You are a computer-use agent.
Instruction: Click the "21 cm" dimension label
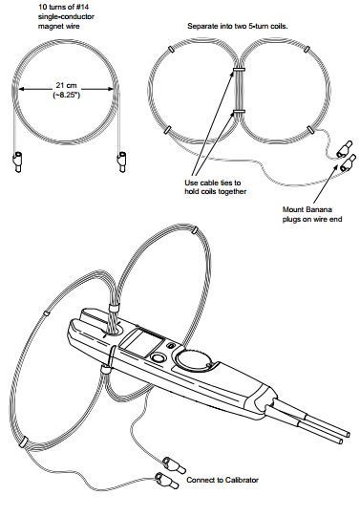[x=66, y=86]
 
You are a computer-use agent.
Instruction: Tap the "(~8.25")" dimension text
[x=67, y=96]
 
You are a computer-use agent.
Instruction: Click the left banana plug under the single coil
[x=17, y=162]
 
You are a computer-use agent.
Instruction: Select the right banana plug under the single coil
[x=122, y=162]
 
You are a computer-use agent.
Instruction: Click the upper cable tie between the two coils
[x=238, y=70]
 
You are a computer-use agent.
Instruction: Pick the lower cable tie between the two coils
[x=238, y=112]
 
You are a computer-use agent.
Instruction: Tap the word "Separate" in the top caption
[x=201, y=26]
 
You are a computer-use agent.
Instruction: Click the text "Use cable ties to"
[x=212, y=183]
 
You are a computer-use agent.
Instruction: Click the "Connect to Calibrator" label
[x=222, y=480]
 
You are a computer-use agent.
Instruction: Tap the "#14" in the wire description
[x=83, y=7]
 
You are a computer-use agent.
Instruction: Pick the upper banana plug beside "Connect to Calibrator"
[x=173, y=465]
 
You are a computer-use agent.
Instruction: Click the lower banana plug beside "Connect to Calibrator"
[x=167, y=481]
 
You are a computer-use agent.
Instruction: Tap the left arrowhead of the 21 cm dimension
[x=22, y=89]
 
